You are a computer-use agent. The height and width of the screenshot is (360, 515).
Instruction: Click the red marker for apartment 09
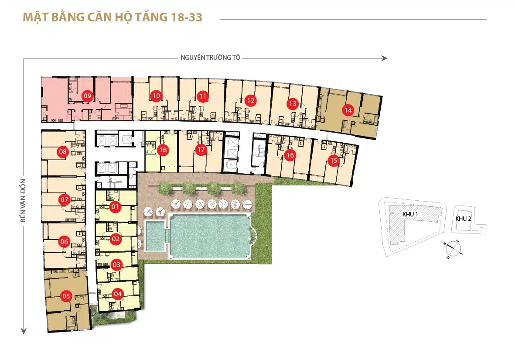[x=87, y=96]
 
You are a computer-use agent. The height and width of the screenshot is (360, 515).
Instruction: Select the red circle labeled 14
[x=348, y=110]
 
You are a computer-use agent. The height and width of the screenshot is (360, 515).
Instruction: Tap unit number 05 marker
[x=66, y=296]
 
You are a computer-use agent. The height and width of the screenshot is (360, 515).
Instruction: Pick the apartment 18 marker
[x=163, y=150]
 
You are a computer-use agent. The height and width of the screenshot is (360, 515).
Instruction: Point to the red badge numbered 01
[x=115, y=207]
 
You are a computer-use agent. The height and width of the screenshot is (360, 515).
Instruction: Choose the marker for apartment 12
[x=250, y=101]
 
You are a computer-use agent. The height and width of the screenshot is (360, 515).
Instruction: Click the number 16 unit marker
[x=290, y=155]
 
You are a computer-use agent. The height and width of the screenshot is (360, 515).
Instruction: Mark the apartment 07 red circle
[x=65, y=199]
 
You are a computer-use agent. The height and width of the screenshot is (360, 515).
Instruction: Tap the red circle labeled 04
[x=118, y=294]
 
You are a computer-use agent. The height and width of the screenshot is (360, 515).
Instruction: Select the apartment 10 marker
[x=156, y=96]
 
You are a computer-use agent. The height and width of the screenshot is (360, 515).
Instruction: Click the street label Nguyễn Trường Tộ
[x=211, y=58]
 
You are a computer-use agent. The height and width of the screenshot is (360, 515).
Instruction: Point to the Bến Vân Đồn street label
[x=23, y=201]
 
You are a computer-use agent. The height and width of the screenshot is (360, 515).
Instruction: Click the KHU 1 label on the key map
[x=410, y=214]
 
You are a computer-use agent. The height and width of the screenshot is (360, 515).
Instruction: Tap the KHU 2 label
[x=464, y=219]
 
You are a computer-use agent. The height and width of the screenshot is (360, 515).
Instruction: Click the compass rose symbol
[x=453, y=249]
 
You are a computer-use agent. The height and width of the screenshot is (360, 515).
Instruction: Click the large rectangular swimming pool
[x=210, y=236]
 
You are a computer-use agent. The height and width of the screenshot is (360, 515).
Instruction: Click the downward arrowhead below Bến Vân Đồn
[x=24, y=331]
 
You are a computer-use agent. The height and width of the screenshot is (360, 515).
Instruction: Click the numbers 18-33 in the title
[x=187, y=17]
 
